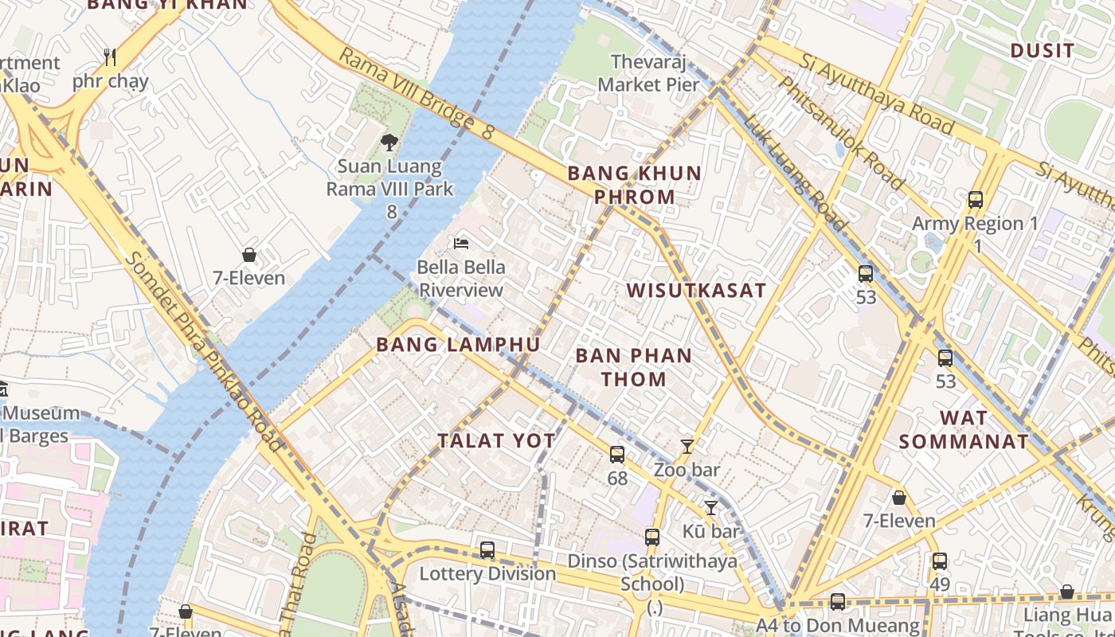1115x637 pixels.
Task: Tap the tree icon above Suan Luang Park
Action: coord(389,143)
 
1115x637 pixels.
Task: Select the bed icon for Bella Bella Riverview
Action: coord(461,243)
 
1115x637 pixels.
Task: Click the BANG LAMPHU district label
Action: coord(458,345)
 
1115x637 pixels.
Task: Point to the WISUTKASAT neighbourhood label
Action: coord(696,291)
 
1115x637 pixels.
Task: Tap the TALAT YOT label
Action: coord(496,441)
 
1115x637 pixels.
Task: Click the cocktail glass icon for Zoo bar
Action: coord(687,447)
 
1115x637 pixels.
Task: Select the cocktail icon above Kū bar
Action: coord(711,507)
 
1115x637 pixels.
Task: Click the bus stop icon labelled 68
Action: coord(617,455)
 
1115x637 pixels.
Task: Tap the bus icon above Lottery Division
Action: coord(487,550)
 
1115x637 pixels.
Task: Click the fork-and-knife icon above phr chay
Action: coord(110,57)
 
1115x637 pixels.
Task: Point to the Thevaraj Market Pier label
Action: coord(648,72)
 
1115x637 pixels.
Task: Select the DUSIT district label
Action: coord(1042,51)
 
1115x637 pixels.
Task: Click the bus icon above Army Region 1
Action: coord(976,200)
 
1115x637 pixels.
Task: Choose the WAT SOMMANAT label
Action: coord(964,429)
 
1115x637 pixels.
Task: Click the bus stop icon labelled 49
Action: coord(940,561)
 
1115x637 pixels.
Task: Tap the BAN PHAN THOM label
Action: coord(634,367)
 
